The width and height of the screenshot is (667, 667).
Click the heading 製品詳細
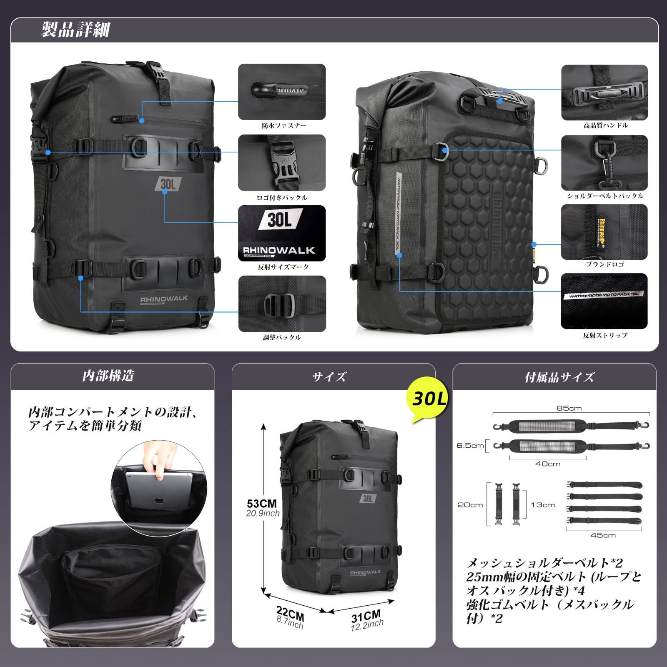point(75,30)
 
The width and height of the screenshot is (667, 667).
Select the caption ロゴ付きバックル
point(282,197)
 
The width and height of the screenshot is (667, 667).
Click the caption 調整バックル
point(282,337)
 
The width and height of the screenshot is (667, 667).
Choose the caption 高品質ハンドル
point(605,125)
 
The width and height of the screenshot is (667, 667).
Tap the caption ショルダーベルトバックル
point(605,196)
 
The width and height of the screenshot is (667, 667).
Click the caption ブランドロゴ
point(605,264)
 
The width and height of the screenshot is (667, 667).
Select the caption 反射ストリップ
point(605,335)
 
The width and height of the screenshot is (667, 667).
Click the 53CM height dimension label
point(262,504)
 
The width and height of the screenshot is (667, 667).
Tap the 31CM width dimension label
point(366,615)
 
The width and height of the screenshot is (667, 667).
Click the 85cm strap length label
point(569,408)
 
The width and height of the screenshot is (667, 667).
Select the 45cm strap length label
point(603,535)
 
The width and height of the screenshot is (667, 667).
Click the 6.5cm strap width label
point(470,446)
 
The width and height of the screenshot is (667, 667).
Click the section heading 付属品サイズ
point(559,377)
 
